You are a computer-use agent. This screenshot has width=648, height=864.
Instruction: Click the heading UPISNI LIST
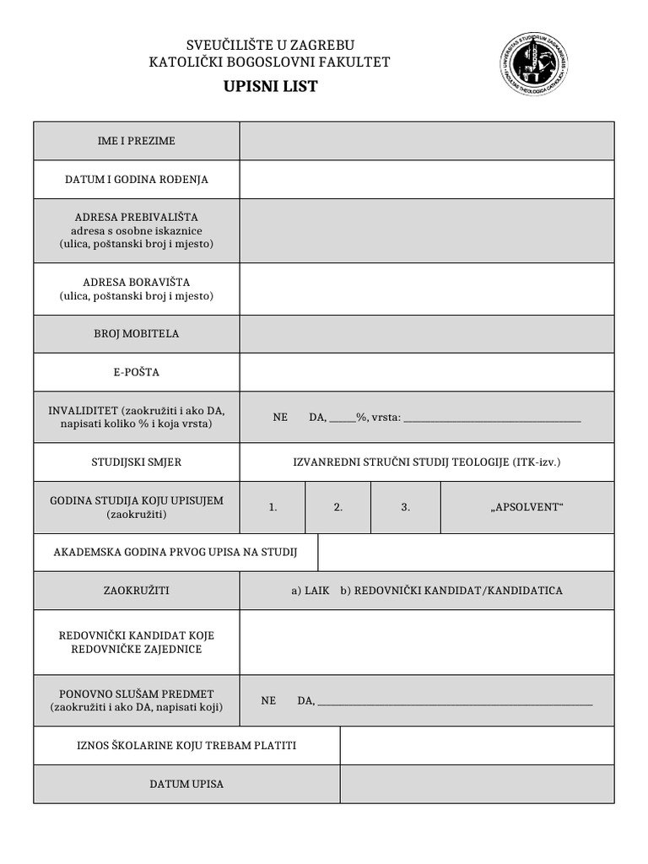pos(270,87)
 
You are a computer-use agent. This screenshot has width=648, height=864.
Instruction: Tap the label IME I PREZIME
pos(137,141)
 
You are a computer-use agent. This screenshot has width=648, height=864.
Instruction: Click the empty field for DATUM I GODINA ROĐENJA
pos(427,180)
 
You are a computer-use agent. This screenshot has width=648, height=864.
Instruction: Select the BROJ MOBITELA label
pos(137,333)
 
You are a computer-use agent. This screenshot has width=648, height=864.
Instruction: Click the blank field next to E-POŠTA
pos(427,372)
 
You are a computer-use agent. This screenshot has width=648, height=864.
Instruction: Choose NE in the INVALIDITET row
pos(280,418)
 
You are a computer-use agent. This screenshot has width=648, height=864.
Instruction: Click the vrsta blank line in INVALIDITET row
pos(492,418)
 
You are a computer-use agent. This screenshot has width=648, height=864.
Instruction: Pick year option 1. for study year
pos(273,508)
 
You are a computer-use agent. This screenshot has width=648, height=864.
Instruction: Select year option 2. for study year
pos(337,508)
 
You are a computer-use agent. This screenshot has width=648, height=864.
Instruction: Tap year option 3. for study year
pos(405,508)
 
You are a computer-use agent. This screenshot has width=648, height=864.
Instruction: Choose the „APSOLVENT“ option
pos(526,508)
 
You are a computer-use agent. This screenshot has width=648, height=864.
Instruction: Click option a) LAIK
pos(310,591)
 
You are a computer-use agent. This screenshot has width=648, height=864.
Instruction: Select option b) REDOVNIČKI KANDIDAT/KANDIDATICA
pos(451,591)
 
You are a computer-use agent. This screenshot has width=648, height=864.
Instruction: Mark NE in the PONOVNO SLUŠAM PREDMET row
pos(268,700)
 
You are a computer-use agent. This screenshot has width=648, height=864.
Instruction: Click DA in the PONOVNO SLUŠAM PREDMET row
pos(305,700)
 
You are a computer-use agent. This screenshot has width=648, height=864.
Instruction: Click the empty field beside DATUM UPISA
pos(477,784)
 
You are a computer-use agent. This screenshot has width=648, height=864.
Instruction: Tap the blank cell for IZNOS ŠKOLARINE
pos(477,746)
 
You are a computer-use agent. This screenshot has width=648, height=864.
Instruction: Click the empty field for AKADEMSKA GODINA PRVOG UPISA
pos(466,553)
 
